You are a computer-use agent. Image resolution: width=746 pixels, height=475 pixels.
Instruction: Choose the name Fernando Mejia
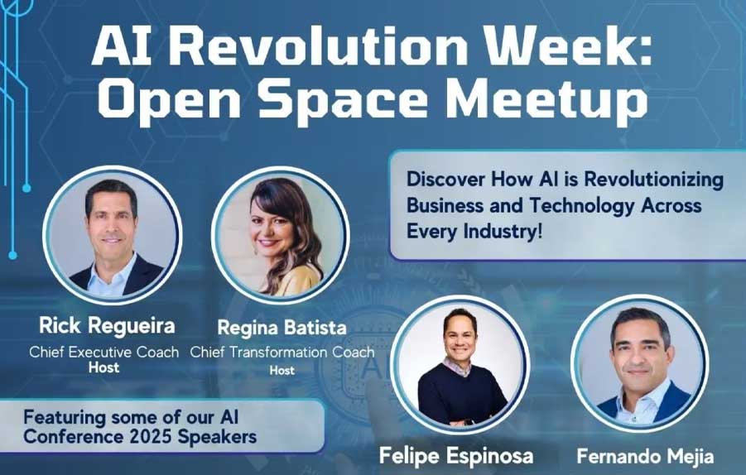click(641, 455)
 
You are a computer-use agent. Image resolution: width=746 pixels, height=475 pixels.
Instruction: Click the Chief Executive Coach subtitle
click(103, 352)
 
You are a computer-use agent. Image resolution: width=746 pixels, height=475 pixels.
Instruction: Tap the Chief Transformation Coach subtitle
click(282, 352)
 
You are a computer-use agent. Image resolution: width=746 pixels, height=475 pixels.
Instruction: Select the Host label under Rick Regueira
click(103, 367)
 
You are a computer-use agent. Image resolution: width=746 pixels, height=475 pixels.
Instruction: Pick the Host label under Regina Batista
click(282, 370)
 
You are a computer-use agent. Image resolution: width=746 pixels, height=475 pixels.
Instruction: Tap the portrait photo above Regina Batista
click(280, 235)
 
